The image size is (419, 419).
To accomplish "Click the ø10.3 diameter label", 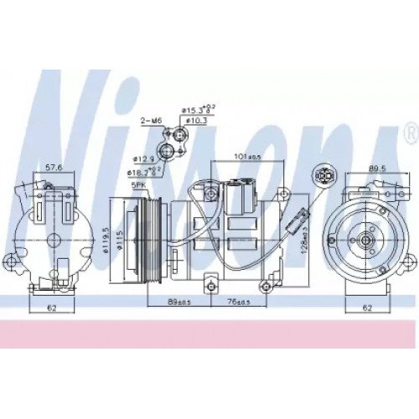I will [x=197, y=121].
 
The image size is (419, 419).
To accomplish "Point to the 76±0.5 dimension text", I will [x=246, y=303].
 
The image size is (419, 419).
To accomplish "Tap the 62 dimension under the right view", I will [x=367, y=309].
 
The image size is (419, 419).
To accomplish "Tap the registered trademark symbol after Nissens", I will [x=408, y=132].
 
